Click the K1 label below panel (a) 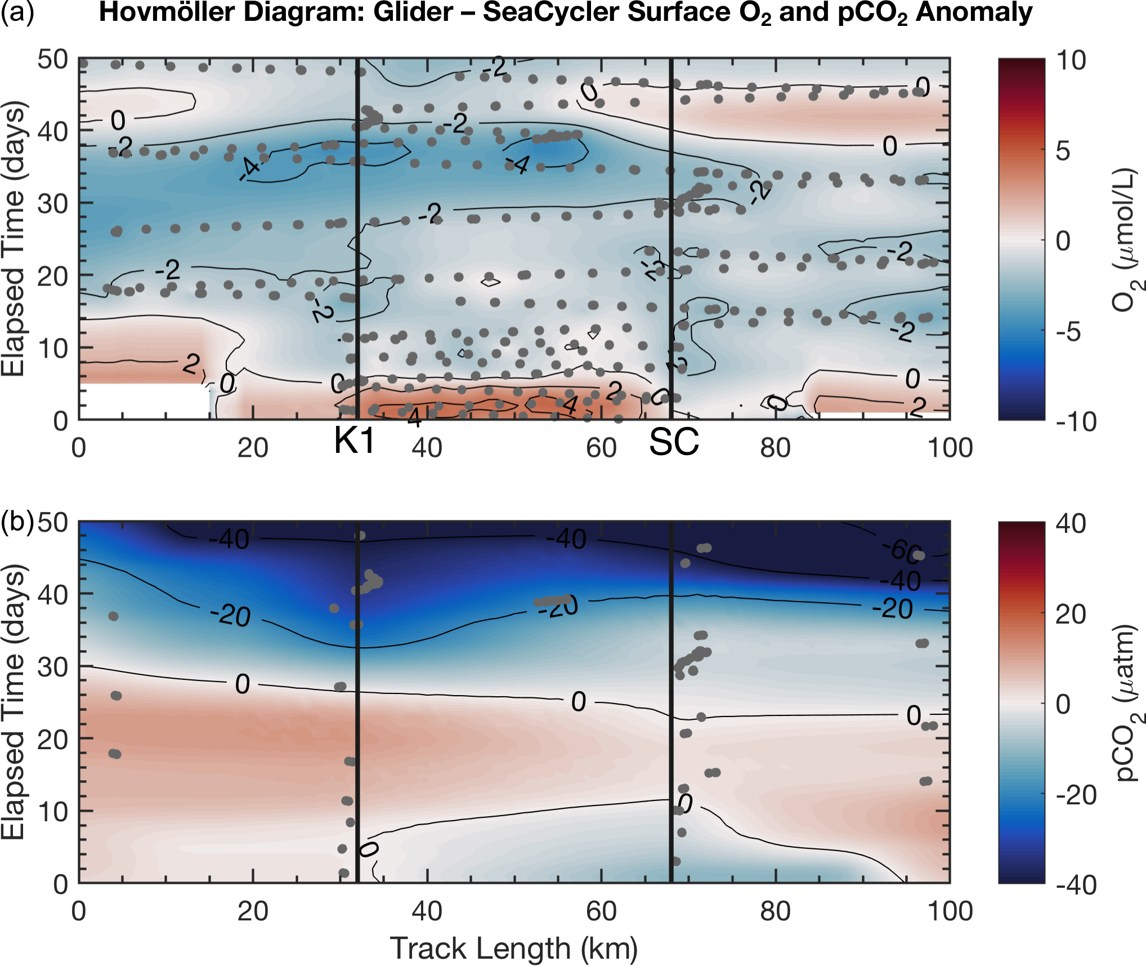354,440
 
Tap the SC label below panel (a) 674,442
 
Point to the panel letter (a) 17,12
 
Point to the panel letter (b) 17,523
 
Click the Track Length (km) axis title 513,948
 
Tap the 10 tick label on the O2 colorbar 1071,60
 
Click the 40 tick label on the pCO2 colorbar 1071,523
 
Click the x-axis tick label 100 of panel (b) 950,911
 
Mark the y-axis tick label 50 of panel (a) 52,60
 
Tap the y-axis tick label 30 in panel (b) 52,667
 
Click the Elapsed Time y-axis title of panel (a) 14,239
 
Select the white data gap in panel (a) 144,401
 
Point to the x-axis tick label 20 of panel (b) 253,911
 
